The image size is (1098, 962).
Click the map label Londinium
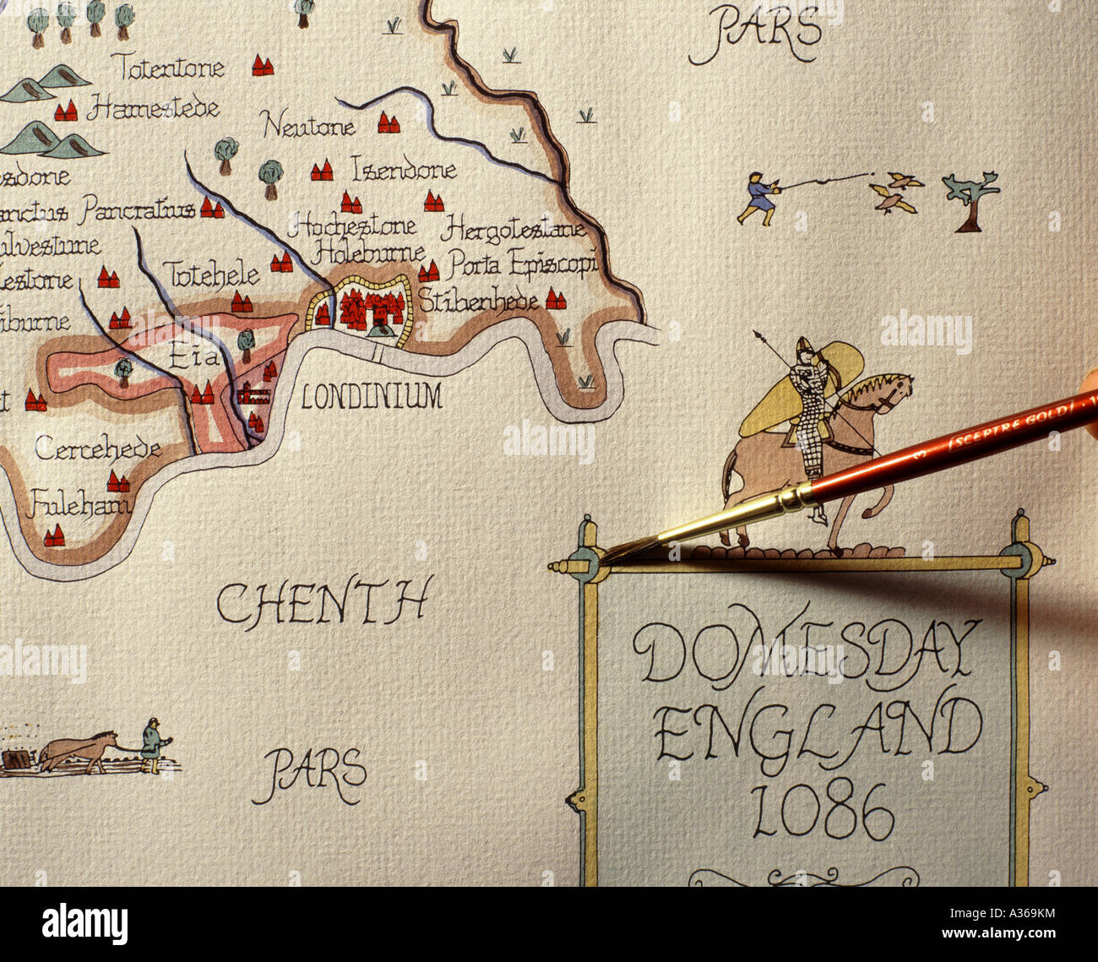coord(372,395)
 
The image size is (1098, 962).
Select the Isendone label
coord(404,171)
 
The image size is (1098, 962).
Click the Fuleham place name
coord(79,506)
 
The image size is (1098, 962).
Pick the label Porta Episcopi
coord(522,265)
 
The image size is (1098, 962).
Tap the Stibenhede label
coord(478,301)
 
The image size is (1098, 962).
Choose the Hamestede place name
coord(154,108)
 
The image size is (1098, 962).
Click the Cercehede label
coord(97,448)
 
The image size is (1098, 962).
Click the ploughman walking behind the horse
coord(153,744)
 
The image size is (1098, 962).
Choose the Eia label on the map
coord(193,357)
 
